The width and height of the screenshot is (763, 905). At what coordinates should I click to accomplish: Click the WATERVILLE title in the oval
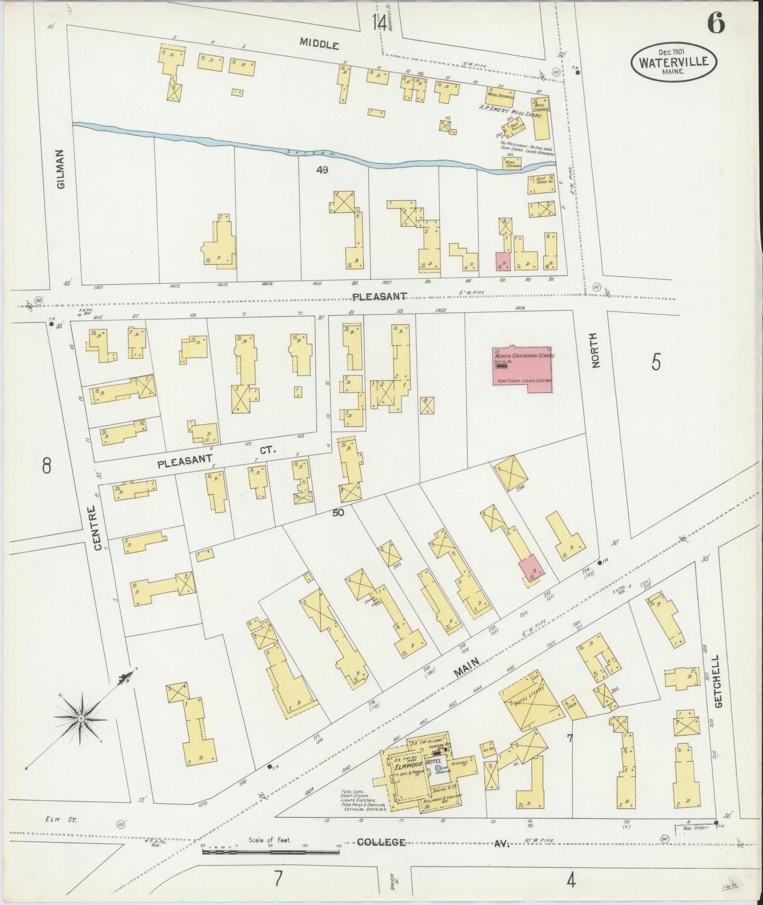click(x=674, y=62)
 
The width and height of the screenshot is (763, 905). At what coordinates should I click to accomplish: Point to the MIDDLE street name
click(x=320, y=45)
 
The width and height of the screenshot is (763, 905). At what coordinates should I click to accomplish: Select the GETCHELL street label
click(x=719, y=681)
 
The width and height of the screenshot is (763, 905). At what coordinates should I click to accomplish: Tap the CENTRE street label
click(x=97, y=528)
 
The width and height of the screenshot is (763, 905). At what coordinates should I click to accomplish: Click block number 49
click(x=322, y=170)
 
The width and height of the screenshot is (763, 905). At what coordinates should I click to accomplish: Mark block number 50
click(x=338, y=512)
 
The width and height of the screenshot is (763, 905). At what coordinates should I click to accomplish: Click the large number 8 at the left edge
click(x=46, y=466)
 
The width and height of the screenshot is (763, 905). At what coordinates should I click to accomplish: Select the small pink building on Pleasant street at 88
click(x=502, y=262)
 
